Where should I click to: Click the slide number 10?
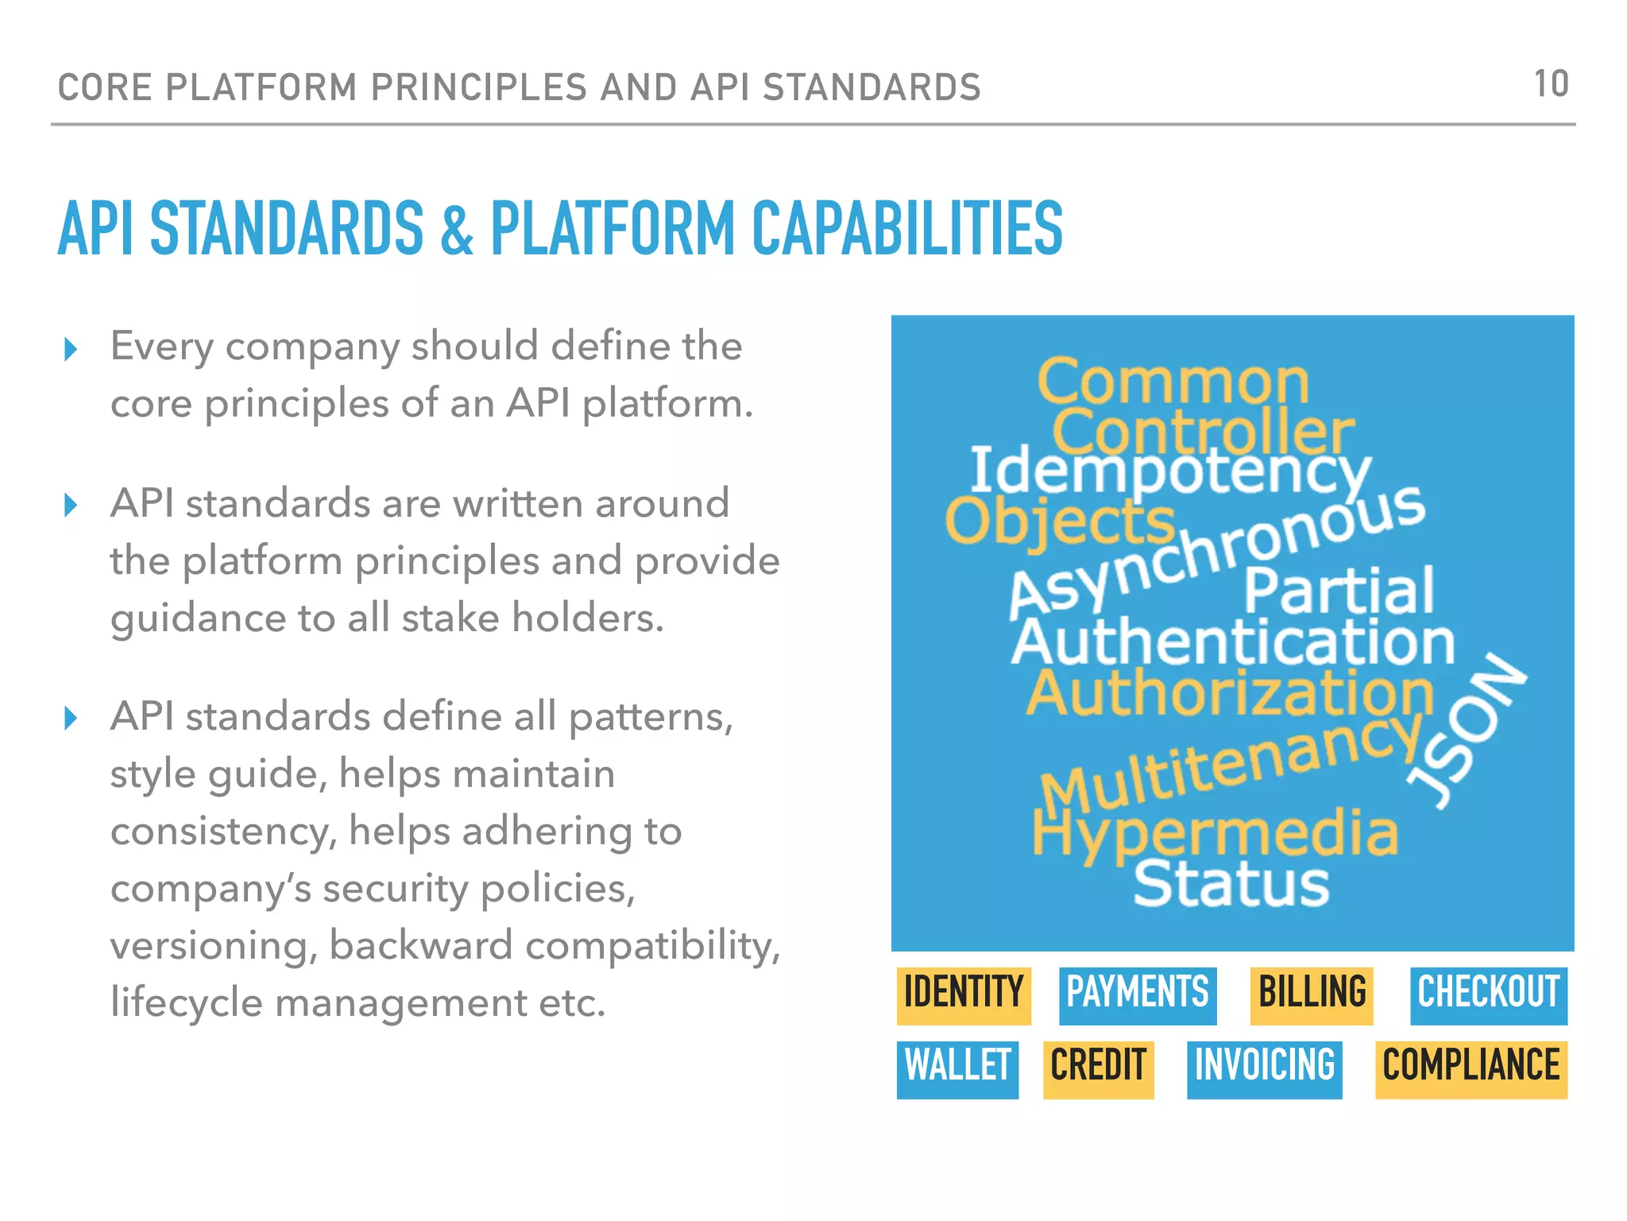click(x=1551, y=84)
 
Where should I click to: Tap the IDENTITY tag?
click(x=964, y=994)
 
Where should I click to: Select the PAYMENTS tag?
click(x=1137, y=994)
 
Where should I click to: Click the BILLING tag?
click(x=1312, y=994)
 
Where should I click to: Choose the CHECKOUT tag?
click(x=1488, y=994)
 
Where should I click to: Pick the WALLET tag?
click(x=957, y=1068)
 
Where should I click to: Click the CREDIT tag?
click(x=1098, y=1068)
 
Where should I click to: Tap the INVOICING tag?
click(x=1264, y=1068)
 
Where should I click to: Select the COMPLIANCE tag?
click(x=1470, y=1068)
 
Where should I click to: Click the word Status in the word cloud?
click(x=1231, y=884)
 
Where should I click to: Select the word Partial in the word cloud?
click(x=1339, y=591)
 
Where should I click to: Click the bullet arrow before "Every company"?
click(x=71, y=349)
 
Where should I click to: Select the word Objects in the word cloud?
click(x=1059, y=521)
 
